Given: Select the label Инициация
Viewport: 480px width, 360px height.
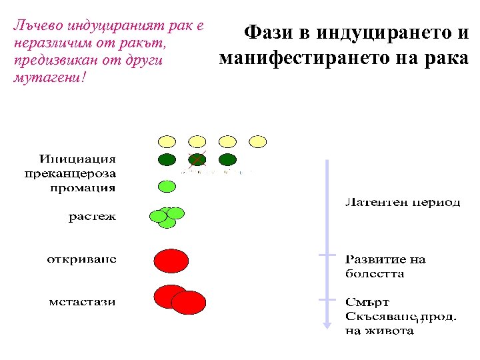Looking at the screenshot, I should pyautogui.click(x=77, y=159).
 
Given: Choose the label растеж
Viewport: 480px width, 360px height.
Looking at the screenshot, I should pyautogui.click(x=92, y=217).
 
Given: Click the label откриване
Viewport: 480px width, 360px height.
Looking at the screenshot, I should pyautogui.click(x=81, y=259).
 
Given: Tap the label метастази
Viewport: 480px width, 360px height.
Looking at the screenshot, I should pyautogui.click(x=82, y=301).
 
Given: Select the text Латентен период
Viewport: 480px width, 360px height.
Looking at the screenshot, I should pyautogui.click(x=403, y=202).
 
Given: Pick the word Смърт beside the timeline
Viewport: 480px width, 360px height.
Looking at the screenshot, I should pyautogui.click(x=367, y=302).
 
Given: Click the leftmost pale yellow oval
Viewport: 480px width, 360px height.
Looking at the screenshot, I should pyautogui.click(x=167, y=141).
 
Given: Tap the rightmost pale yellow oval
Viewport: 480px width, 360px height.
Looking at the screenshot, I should pyautogui.click(x=257, y=141).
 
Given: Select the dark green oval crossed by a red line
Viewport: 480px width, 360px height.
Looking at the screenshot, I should pyautogui.click(x=197, y=159).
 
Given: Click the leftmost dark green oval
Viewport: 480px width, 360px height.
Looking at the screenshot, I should pyautogui.click(x=167, y=159).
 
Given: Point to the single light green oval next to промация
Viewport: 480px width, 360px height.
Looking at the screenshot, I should pyautogui.click(x=166, y=186).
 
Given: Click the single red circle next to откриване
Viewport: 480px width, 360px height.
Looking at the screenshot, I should pyautogui.click(x=171, y=261).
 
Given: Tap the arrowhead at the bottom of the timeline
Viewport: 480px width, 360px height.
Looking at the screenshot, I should pyautogui.click(x=327, y=325).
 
